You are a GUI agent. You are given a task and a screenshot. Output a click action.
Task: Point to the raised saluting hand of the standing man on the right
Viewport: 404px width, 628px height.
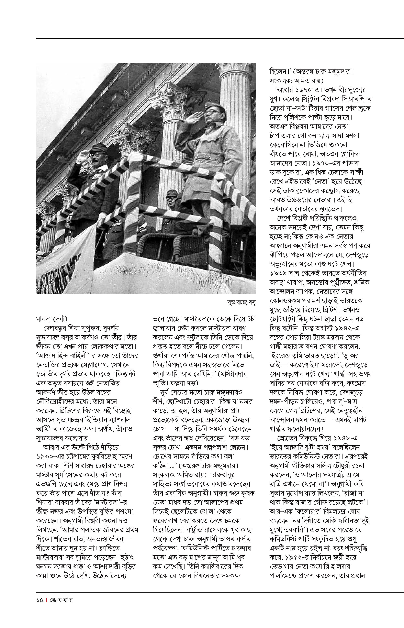(194, 117)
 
